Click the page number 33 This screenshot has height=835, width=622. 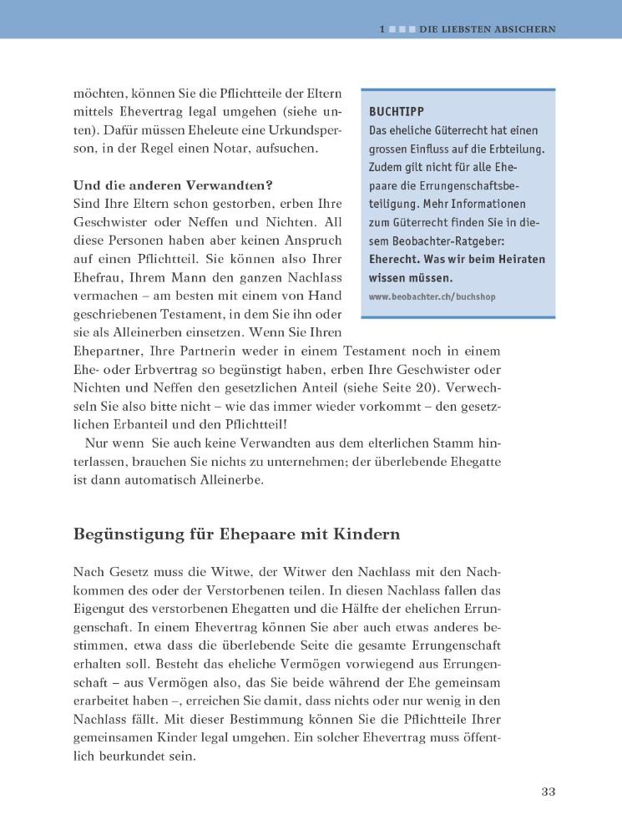548,792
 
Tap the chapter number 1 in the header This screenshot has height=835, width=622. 382,28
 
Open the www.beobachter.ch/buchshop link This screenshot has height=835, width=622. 432,296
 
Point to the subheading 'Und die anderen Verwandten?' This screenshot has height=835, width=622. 174,185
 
